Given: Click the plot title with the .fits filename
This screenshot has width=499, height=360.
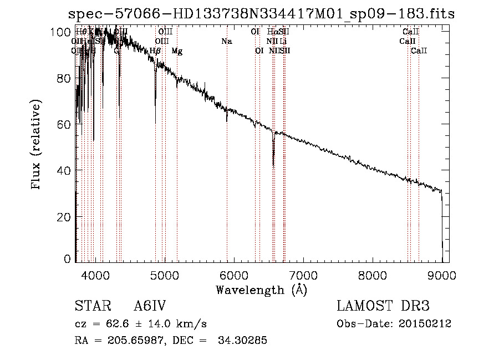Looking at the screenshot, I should pos(261,14).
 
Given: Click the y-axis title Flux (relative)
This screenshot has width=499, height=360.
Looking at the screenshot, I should pos(37,145).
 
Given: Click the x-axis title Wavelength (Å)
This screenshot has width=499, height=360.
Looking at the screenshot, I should pos(261,290).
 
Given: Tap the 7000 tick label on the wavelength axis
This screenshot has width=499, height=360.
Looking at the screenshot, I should pos(303,275).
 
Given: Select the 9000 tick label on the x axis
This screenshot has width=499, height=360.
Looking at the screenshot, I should pos(442,275).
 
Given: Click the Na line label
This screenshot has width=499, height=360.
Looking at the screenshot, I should pos(226,42).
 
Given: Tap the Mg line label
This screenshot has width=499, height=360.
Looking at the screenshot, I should pos(177,51).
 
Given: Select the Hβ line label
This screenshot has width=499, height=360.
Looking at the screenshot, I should pos(155,51).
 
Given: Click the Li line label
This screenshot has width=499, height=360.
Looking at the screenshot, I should pos(283,42).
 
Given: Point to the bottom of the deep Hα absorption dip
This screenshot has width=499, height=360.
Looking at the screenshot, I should pos(273,165).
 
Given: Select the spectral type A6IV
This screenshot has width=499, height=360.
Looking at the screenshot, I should pos(150,306).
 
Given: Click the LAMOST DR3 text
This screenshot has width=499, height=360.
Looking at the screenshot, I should pos(383,306).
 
